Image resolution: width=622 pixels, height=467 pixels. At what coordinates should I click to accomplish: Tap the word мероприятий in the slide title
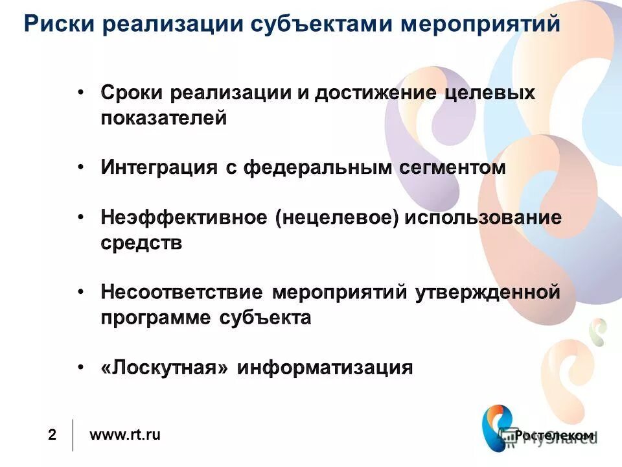tap(479, 25)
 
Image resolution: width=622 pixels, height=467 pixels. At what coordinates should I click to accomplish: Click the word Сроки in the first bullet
tap(132, 93)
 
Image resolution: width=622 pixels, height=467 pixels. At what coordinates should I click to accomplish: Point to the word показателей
tap(164, 119)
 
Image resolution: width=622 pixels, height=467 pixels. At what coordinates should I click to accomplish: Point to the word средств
tap(141, 243)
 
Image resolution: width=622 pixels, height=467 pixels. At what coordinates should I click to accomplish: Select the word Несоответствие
tap(182, 293)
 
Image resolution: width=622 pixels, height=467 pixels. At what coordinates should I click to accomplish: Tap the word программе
tap(155, 318)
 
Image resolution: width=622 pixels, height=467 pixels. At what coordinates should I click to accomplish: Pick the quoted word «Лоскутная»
tap(165, 368)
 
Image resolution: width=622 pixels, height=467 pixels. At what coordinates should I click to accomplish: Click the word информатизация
tap(325, 368)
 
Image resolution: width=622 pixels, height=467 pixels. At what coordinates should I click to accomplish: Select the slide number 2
tap(52, 435)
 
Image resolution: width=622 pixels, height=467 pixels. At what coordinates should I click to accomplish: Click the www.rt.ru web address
tap(124, 435)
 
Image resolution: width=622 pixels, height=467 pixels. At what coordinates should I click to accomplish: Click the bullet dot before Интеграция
tap(80, 167)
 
